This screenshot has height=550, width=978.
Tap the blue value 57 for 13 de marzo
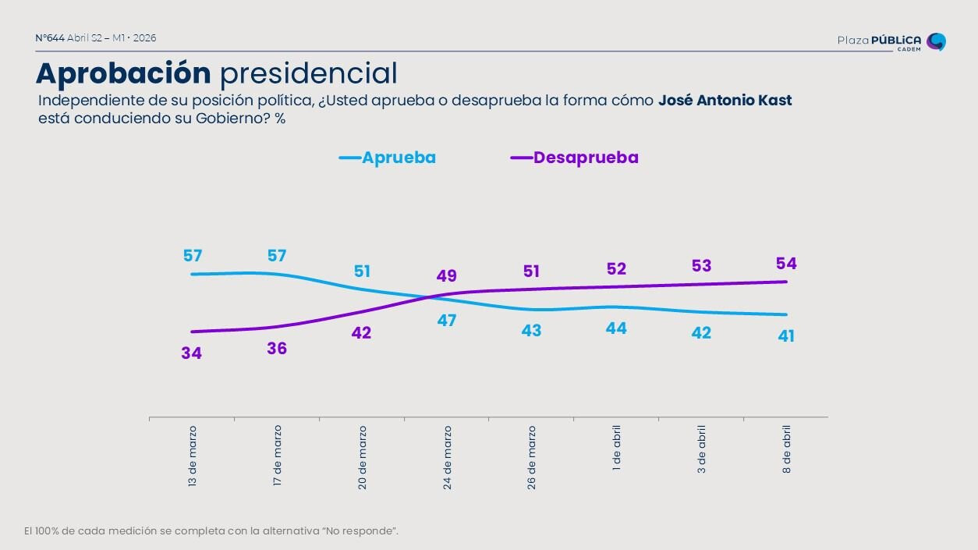[193, 256]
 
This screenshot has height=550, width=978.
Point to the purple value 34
[192, 353]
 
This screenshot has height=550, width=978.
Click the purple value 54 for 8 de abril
[786, 264]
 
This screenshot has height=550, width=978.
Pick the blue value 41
[786, 336]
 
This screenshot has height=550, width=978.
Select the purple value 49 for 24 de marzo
[447, 276]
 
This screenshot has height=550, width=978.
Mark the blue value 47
[447, 320]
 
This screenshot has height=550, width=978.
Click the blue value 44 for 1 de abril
[616, 328]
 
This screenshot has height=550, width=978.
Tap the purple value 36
[277, 349]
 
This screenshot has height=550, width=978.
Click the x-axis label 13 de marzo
[193, 456]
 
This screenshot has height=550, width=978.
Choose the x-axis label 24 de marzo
[448, 456]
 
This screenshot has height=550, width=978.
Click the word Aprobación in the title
[123, 73]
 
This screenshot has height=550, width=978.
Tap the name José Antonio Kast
[725, 101]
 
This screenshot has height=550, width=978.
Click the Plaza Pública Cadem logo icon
[936, 41]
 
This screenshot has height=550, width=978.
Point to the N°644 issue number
[50, 38]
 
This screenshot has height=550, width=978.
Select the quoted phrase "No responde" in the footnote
[367, 531]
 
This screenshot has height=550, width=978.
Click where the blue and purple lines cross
[430, 296]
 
